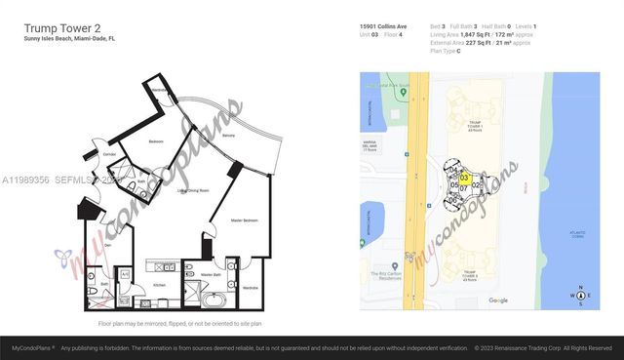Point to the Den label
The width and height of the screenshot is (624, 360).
click(x=109, y=246)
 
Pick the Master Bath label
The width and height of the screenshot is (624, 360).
click(x=211, y=275)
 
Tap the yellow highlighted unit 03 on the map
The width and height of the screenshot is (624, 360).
click(x=465, y=178)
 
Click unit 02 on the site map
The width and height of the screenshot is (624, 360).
click(x=476, y=184)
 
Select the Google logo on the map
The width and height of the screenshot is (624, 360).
click(x=497, y=300)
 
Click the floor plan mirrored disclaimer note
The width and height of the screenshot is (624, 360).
click(x=179, y=322)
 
